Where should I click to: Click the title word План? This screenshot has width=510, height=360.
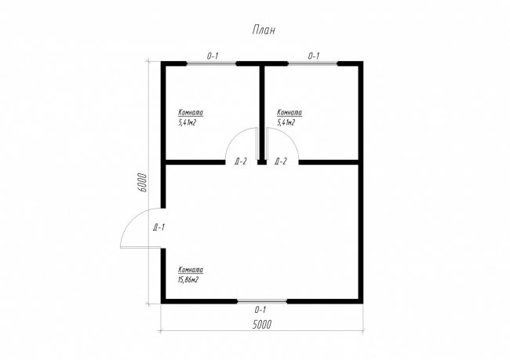(264, 31)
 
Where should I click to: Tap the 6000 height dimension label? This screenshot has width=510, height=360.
(143, 183)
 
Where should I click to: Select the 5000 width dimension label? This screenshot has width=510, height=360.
(262, 325)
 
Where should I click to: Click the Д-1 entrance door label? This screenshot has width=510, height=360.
(159, 227)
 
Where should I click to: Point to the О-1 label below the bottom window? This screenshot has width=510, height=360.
(260, 310)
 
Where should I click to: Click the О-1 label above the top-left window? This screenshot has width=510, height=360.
(213, 56)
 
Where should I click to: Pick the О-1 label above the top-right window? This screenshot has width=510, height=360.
(314, 56)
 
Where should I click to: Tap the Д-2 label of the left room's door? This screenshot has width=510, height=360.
(241, 161)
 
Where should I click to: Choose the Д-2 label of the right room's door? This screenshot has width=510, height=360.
(281, 161)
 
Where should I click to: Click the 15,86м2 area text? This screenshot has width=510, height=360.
(188, 280)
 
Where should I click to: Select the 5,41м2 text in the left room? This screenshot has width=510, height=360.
(187, 122)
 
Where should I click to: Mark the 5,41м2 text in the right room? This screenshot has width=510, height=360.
(286, 122)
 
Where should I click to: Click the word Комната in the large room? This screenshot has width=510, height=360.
(191, 270)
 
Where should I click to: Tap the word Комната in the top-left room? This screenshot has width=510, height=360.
(191, 112)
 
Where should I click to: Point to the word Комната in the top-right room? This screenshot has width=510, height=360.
(290, 112)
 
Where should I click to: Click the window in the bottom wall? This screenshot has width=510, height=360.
(262, 301)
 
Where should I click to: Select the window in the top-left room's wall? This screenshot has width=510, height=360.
(211, 63)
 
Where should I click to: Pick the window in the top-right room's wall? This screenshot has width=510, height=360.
(312, 63)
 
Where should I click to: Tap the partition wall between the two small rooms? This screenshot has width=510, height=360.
(262, 113)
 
